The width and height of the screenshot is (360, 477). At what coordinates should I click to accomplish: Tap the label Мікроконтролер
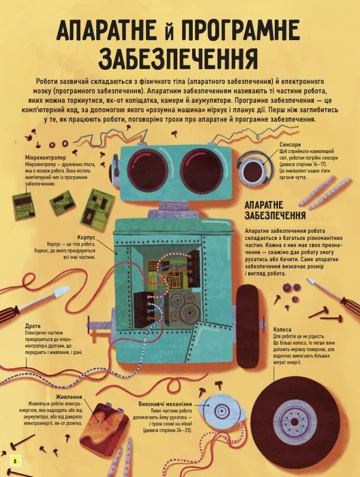[46, 158]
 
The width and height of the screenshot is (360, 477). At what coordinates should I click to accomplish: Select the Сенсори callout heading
[290, 144]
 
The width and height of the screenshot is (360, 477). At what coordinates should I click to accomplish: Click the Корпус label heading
[86, 237]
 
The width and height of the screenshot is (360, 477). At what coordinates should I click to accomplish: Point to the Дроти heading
[33, 326]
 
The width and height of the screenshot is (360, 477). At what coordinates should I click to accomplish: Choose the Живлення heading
[69, 397]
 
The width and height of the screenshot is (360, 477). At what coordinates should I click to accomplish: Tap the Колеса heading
[282, 329]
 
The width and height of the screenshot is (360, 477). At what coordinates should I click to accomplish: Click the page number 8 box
[15, 460]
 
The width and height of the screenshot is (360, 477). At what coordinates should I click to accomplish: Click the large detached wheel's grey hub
[294, 422]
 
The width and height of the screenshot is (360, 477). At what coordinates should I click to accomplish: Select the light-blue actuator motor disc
[222, 410]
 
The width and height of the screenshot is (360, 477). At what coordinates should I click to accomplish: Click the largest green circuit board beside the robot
[98, 207]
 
